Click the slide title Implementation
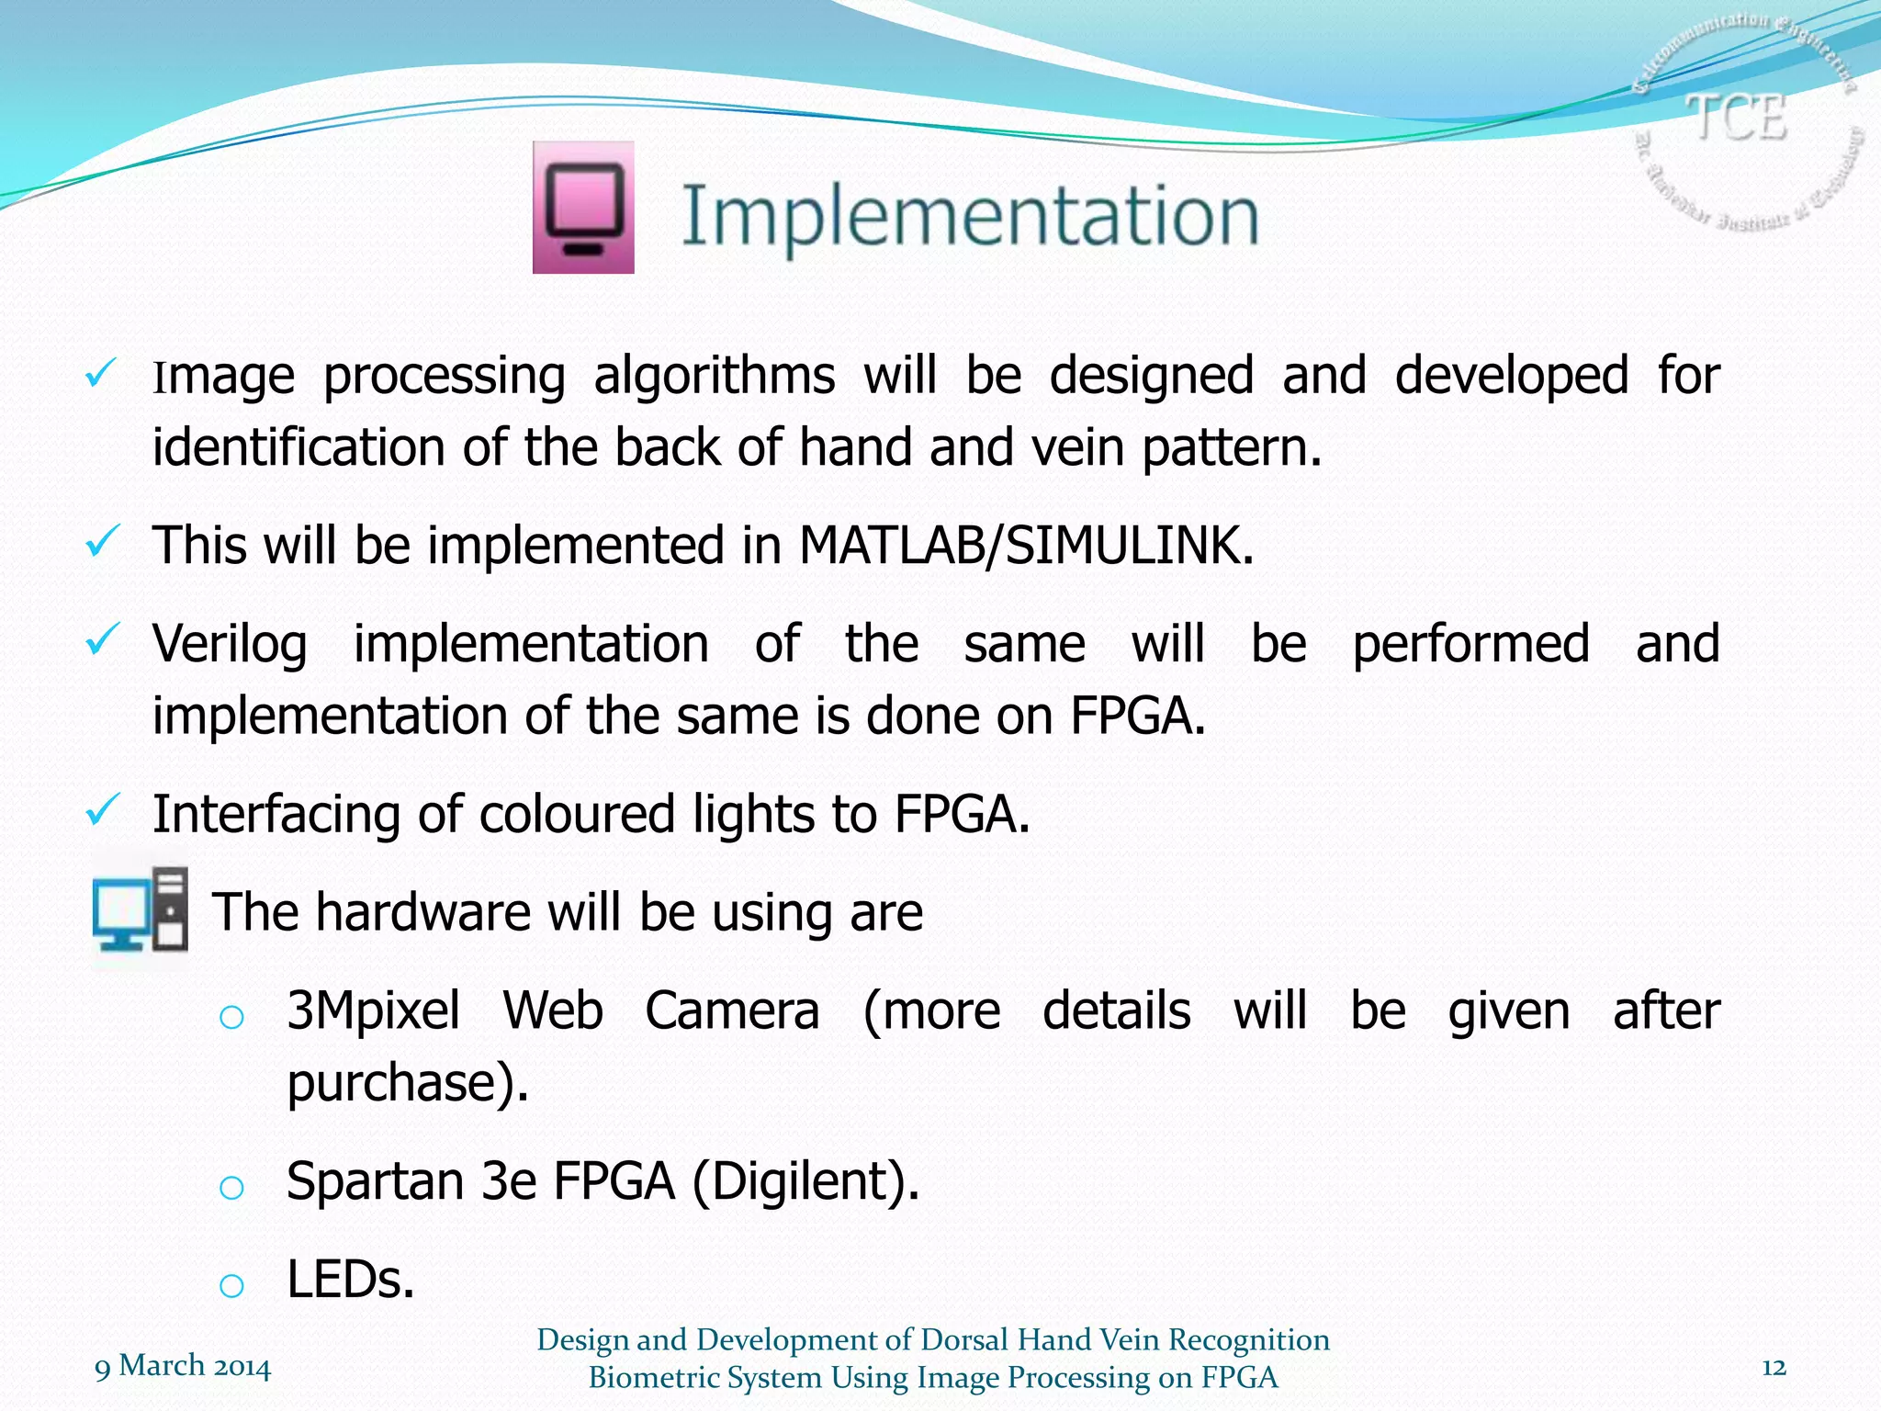[x=969, y=216]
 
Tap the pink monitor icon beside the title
[x=583, y=208]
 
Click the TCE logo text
[x=1737, y=118]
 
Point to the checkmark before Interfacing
[x=101, y=810]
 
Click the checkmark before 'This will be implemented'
[x=101, y=541]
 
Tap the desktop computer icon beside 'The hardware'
[x=141, y=910]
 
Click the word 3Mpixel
[x=373, y=1011]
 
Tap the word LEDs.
[x=350, y=1280]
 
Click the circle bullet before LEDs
[x=231, y=1285]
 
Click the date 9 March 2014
[x=183, y=1367]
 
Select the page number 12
[x=1774, y=1368]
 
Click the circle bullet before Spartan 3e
[x=231, y=1188]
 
